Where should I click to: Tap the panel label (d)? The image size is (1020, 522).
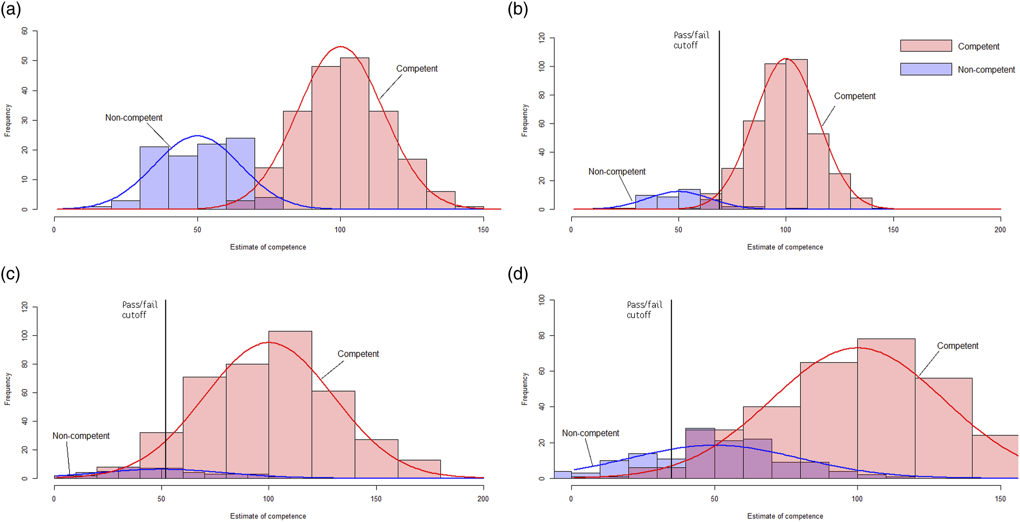coord(518,274)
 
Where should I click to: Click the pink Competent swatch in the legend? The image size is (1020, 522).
coord(926,46)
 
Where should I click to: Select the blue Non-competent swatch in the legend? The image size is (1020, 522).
coord(926,69)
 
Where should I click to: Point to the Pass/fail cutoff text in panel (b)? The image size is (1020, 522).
coord(691,40)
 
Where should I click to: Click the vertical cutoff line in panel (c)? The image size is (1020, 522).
coord(166,389)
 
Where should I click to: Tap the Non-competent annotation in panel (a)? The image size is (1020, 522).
coord(134,118)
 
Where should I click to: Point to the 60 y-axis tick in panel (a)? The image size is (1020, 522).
coord(24,31)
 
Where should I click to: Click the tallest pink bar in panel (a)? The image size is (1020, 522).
coord(354,133)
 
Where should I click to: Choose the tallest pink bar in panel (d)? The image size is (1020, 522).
coord(886,408)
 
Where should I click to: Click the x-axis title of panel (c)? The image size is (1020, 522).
coord(268,516)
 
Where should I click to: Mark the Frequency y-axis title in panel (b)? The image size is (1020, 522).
coord(525,121)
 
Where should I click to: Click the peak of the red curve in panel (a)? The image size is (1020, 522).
coord(341,46)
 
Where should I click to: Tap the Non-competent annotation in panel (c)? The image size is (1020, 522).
coord(81,436)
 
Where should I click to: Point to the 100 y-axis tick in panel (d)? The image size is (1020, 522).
coord(541,300)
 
